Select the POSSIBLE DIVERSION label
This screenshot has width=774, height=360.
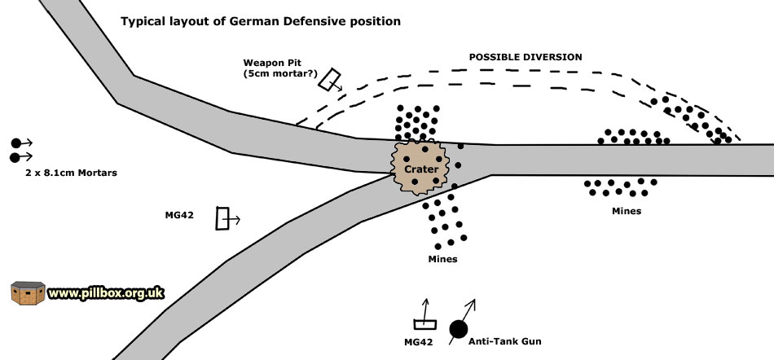pyautogui.click(x=526, y=57)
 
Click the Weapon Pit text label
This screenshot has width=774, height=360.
pyautogui.click(x=270, y=62)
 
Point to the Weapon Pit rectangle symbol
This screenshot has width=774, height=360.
pyautogui.click(x=329, y=79)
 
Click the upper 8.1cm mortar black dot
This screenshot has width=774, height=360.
pyautogui.click(x=15, y=143)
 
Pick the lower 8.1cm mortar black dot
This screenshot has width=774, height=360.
pyautogui.click(x=15, y=156)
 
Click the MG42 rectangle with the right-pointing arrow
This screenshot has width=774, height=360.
pyautogui.click(x=222, y=219)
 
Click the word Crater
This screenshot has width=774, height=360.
pyautogui.click(x=422, y=169)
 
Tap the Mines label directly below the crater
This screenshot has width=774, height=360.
pyautogui.click(x=442, y=259)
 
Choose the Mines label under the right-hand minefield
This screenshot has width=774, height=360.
pyautogui.click(x=627, y=211)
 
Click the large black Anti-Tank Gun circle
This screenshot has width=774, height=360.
pyautogui.click(x=459, y=328)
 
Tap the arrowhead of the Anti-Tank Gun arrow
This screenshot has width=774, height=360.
pyautogui.click(x=473, y=303)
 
